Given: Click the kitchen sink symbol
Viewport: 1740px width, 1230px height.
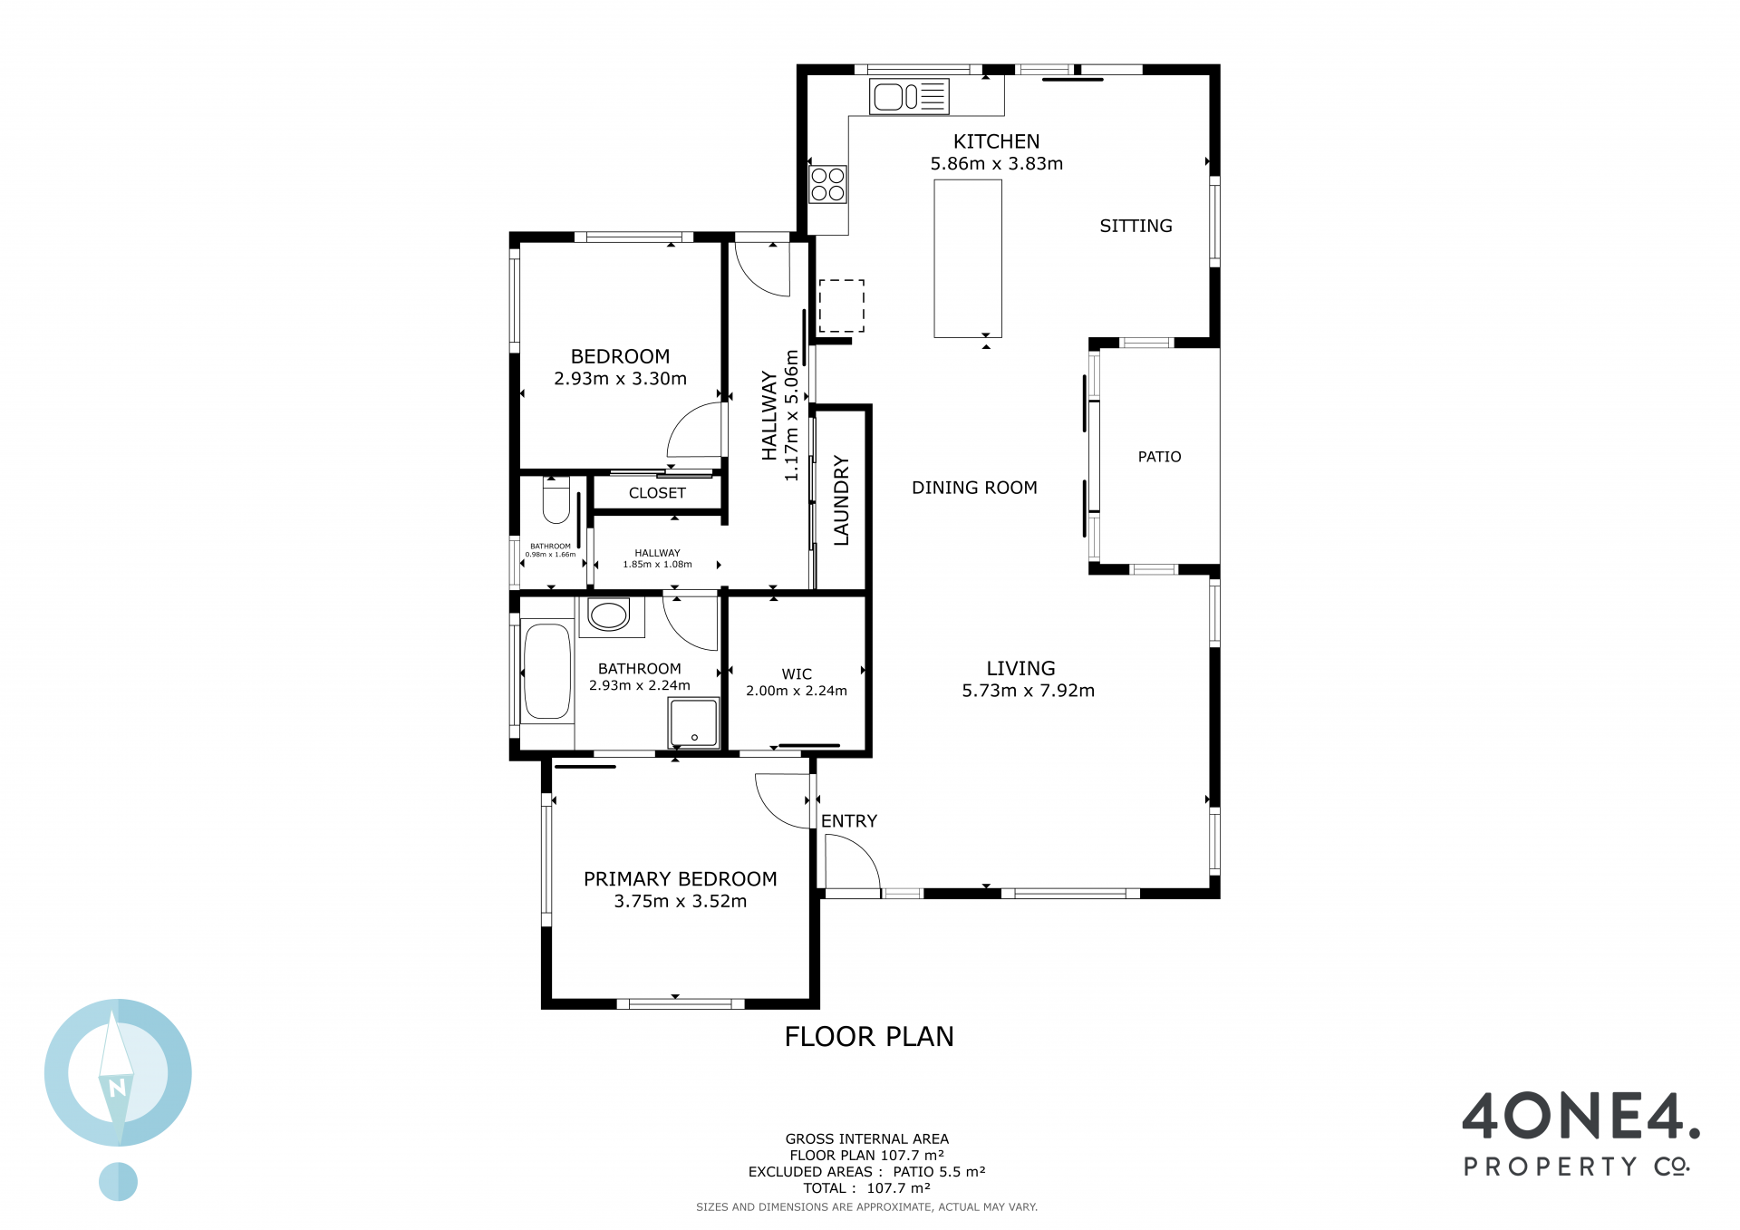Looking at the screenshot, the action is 909,97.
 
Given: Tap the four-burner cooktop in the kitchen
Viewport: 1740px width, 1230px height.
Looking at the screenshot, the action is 827,184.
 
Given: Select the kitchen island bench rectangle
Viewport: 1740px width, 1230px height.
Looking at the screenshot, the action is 968,258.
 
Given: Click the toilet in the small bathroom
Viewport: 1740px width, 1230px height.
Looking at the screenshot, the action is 556,500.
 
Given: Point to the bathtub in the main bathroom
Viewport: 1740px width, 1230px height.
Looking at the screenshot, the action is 547,671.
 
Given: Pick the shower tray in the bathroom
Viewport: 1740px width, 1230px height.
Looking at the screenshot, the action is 694,723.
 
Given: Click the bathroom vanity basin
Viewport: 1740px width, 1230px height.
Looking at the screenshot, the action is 608,615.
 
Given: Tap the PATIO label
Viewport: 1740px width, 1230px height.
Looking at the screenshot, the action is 1159,457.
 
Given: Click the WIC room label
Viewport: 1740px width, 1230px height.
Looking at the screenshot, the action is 797,674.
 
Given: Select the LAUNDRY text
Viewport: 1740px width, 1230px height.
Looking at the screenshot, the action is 841,500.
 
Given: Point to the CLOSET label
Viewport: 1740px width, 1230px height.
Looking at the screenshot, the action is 657,493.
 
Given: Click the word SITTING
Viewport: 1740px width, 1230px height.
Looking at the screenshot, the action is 1136,226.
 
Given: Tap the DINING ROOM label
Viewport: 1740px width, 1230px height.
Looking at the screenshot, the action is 974,488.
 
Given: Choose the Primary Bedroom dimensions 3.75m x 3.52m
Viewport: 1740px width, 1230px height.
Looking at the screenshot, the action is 681,901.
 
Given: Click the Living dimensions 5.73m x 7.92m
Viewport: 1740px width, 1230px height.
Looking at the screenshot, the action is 1028,691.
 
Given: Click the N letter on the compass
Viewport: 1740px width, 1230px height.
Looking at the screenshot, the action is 117,1088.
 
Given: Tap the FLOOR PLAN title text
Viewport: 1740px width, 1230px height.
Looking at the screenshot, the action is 869,1037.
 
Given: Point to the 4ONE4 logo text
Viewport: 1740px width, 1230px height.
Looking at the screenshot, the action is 1580,1116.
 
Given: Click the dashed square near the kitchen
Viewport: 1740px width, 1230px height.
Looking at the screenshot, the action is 842,305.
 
